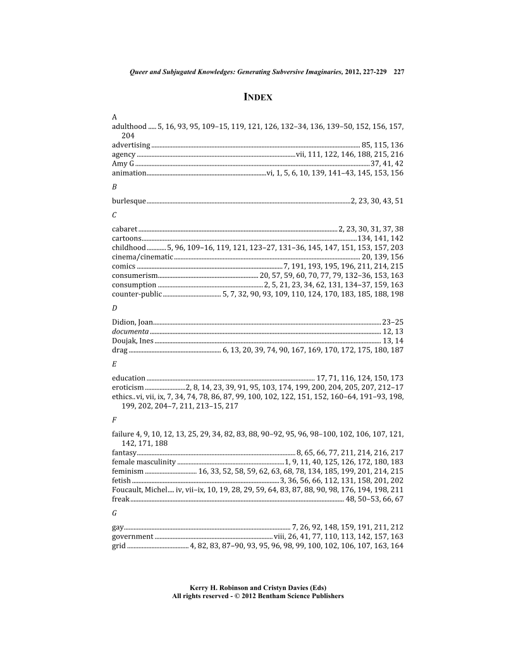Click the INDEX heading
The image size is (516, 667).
click(x=258, y=97)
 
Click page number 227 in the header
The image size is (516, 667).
click(x=398, y=72)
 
